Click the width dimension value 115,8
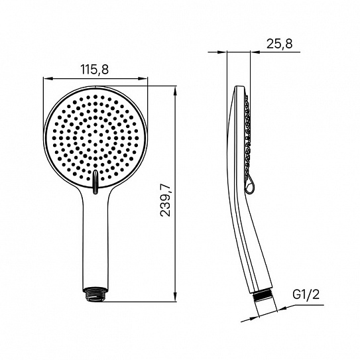click(x=95, y=70)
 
